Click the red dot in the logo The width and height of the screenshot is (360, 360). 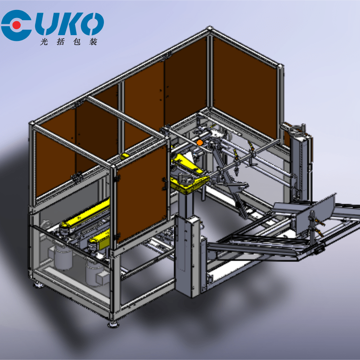coord(17,25)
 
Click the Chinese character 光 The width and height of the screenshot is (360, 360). coord(44,42)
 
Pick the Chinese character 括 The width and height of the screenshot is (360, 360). coord(61,42)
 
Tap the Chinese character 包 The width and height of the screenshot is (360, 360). coord(76,42)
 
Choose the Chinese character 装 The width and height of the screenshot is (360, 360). coord(93,42)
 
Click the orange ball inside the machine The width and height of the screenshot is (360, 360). coord(200,143)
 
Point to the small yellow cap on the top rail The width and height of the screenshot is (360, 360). coord(126,156)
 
